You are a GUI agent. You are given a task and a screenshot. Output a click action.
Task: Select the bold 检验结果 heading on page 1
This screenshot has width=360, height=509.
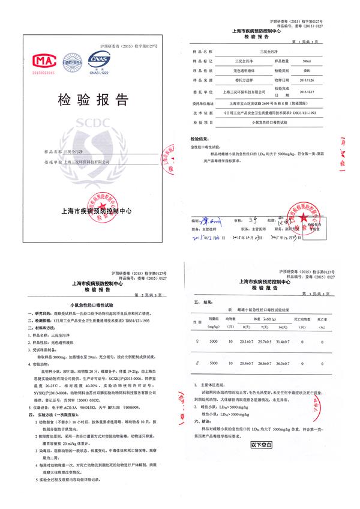(199, 137)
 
